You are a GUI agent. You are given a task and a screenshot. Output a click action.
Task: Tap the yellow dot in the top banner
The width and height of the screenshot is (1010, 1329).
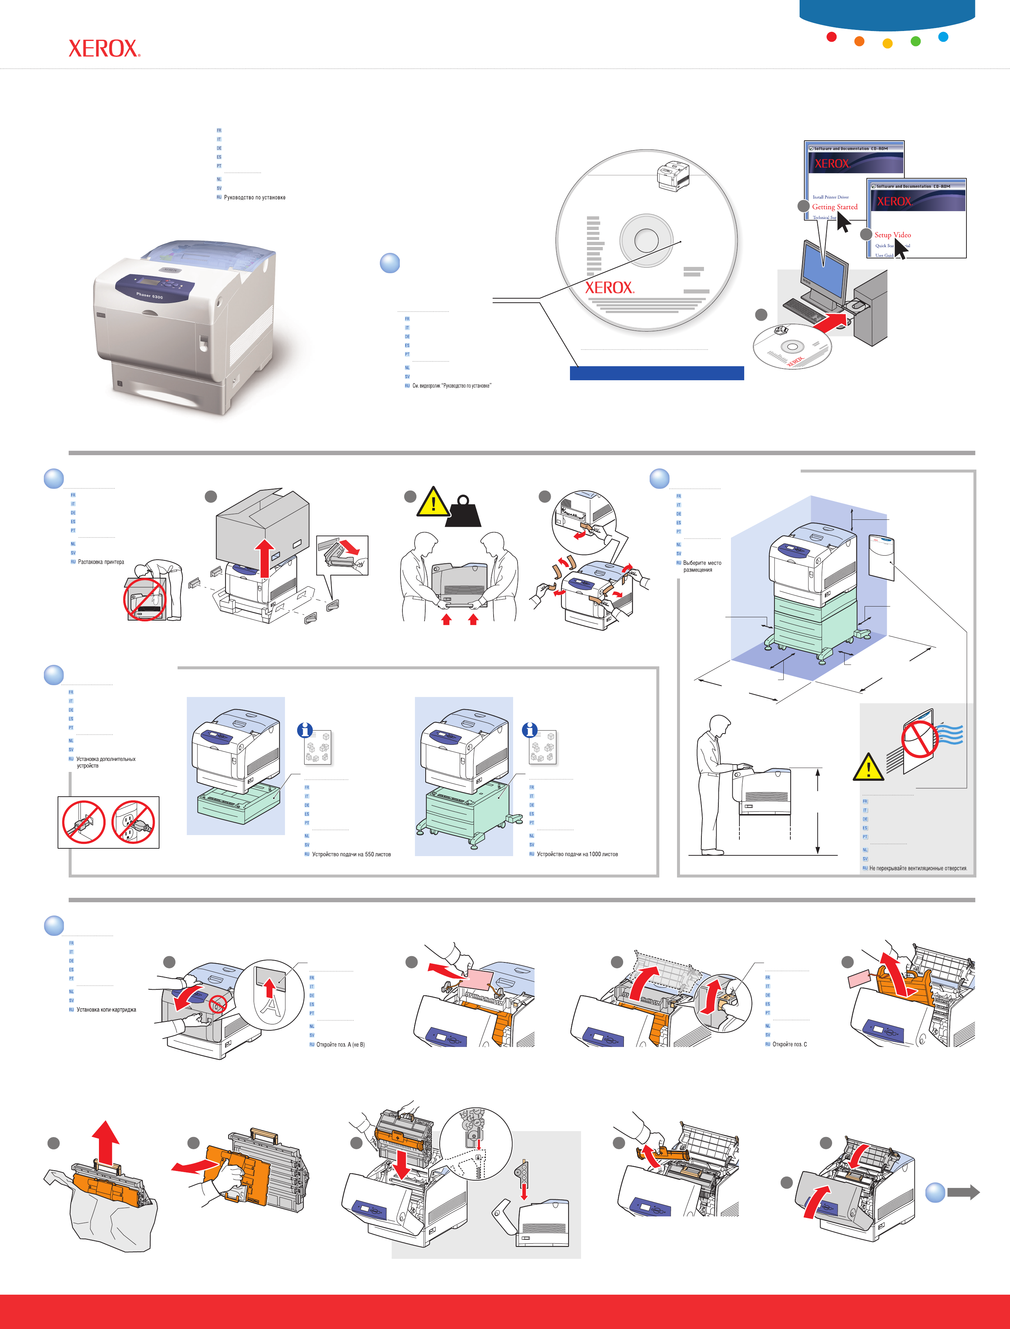click(x=887, y=43)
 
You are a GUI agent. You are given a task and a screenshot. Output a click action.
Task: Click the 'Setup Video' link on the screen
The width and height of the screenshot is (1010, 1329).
click(x=892, y=235)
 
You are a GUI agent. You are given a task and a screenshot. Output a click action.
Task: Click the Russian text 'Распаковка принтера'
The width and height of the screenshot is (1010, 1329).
click(x=101, y=562)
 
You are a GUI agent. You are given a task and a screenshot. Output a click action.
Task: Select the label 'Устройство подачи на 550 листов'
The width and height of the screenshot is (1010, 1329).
click(x=351, y=854)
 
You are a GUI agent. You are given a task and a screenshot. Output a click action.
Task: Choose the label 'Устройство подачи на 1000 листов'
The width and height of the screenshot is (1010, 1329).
click(x=577, y=854)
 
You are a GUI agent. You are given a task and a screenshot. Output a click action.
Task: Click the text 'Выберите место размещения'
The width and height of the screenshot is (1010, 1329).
click(x=702, y=566)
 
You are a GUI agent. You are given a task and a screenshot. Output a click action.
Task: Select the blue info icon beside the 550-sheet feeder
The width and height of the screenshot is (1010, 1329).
click(x=305, y=730)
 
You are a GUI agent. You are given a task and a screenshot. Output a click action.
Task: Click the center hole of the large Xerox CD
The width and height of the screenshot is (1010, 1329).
click(x=646, y=240)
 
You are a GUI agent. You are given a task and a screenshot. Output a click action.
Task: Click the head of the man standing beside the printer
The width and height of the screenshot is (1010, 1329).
click(x=719, y=725)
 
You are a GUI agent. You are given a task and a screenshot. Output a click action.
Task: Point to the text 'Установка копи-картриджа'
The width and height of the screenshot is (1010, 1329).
click(x=106, y=1010)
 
